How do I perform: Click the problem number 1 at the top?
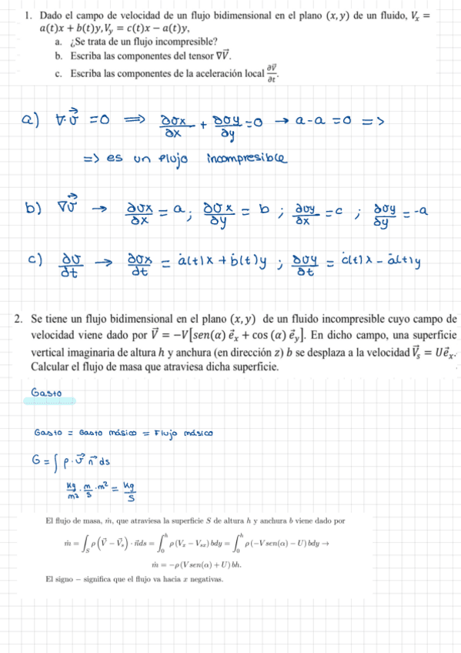click(x=27, y=15)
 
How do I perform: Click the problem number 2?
click(x=19, y=320)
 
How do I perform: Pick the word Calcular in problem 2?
click(x=52, y=367)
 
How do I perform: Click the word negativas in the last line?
click(x=202, y=578)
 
